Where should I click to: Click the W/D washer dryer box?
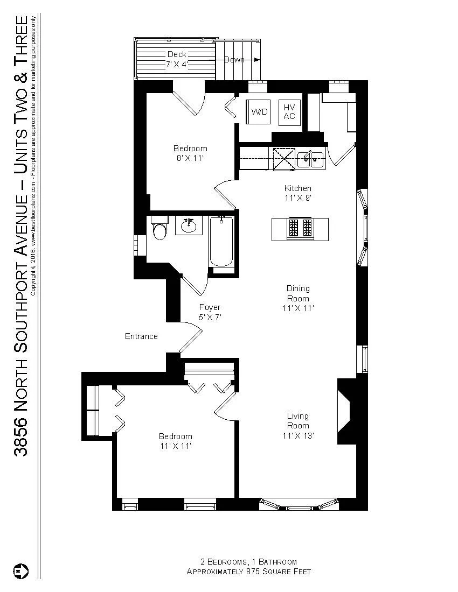coord(258,112)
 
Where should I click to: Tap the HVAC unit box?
coord(289,112)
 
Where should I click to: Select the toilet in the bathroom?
coord(160,230)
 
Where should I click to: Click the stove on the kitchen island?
coord(301,228)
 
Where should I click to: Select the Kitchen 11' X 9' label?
coord(298,193)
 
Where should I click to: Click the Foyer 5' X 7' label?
coord(210,312)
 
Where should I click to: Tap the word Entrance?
coord(141,336)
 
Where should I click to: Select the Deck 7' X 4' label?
coord(176,59)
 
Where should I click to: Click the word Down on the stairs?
coord(234,60)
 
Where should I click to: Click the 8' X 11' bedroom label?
coord(190,153)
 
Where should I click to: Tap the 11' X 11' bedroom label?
coord(175,441)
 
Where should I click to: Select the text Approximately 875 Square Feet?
coord(248,572)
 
